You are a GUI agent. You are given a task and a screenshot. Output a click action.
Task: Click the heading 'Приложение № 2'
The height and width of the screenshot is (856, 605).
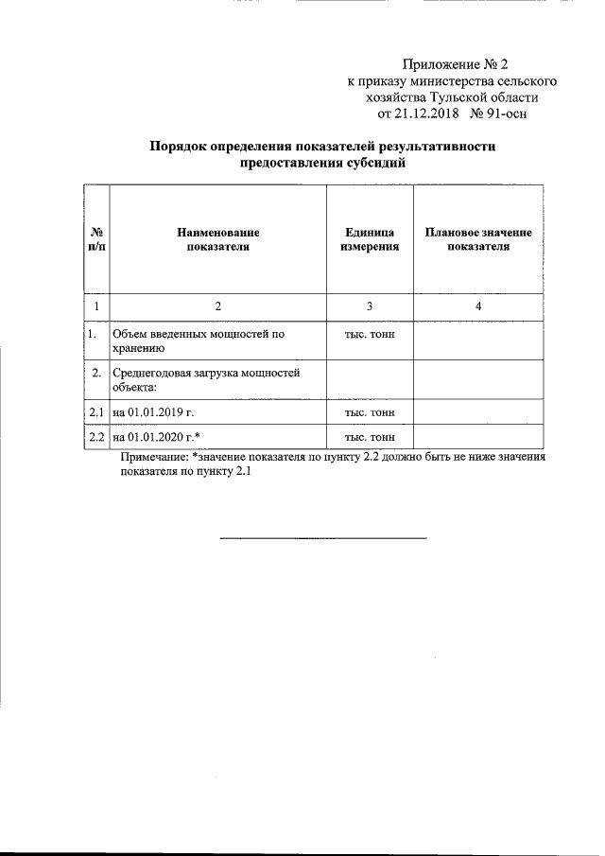click(456, 65)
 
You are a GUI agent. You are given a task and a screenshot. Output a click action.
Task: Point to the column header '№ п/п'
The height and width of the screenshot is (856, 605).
click(95, 239)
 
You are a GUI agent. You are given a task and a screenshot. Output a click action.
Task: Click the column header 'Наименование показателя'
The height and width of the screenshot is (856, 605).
click(217, 239)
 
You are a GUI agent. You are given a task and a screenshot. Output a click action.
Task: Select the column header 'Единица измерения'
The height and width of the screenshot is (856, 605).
click(370, 239)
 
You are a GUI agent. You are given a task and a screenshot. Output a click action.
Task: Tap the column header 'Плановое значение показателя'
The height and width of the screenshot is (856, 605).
click(478, 239)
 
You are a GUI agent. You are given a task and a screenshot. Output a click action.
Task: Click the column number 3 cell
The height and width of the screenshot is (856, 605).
click(370, 306)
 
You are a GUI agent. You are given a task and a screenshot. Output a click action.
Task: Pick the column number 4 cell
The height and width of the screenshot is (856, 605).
click(478, 306)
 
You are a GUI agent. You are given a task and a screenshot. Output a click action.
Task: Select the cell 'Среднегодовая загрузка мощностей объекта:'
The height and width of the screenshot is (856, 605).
click(205, 379)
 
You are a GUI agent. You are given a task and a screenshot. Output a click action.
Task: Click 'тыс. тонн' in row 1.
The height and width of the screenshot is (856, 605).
click(370, 334)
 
